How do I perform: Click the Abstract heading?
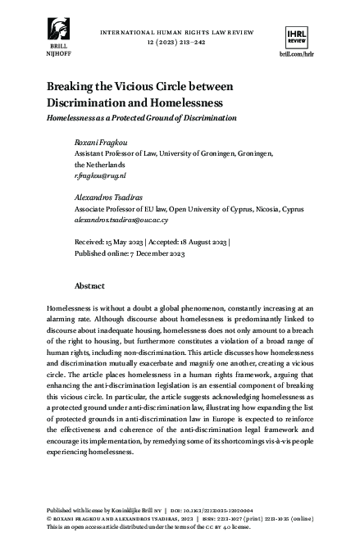coord(90,286)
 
